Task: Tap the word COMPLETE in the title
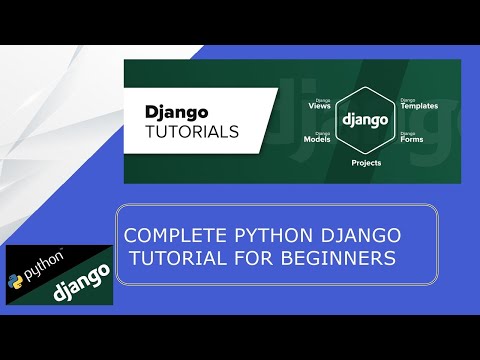(166, 237)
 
